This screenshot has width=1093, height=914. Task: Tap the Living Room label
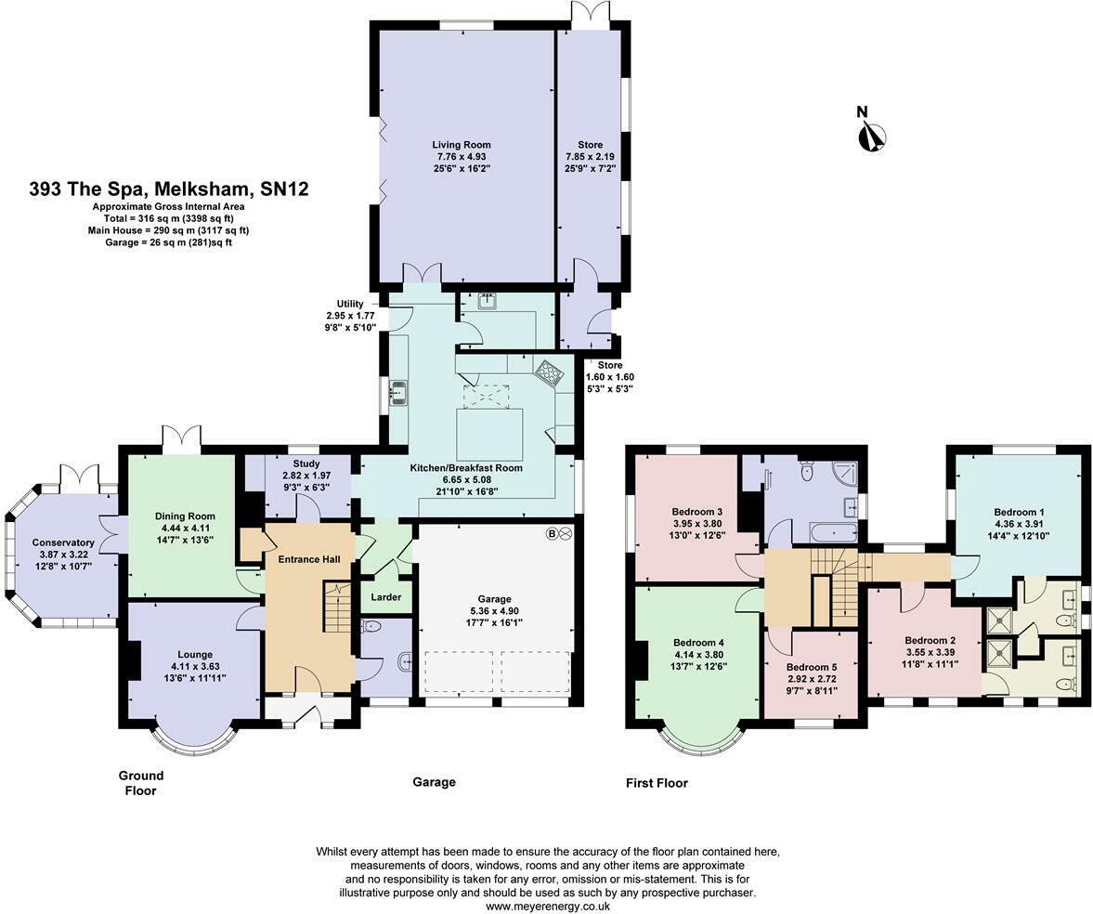coord(461,145)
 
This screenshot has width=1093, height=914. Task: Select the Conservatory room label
coord(63,542)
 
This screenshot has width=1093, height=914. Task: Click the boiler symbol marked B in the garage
coord(559,534)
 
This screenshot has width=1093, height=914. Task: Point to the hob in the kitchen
coord(549,372)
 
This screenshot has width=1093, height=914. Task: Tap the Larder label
coord(385,596)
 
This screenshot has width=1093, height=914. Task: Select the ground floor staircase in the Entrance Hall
coord(336,607)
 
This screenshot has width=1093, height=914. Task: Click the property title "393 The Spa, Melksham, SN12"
coord(169,189)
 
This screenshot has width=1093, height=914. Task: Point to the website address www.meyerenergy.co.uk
coord(548,907)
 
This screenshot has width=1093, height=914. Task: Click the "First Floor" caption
coord(657,783)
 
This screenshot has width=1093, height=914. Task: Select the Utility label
coord(350,304)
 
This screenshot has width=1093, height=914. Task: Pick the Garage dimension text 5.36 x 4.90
coord(494,611)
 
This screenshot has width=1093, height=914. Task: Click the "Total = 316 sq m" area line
coord(168,218)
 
